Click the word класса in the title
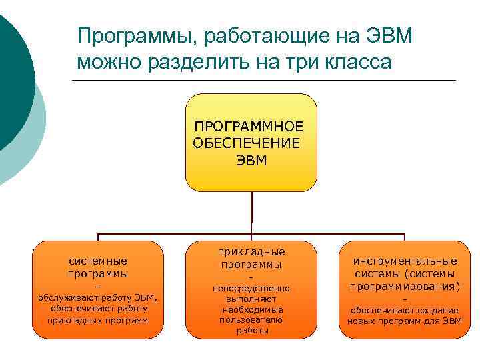click(360, 63)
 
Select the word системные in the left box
click(98, 261)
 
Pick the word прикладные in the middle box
click(251, 252)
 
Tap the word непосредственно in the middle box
click(251, 289)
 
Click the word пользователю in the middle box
click(251, 320)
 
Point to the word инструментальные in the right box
click(405, 261)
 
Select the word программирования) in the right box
click(405, 287)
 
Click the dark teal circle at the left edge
click(10, 80)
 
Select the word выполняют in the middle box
click(251, 299)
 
